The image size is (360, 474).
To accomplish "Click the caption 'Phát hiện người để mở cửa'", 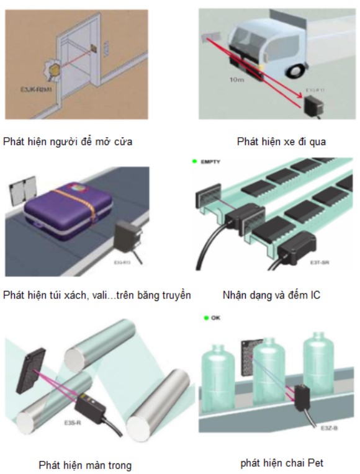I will point(68,142).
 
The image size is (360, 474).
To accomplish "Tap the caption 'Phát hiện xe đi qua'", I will point(281,142).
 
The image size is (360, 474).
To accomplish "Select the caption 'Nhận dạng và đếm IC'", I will point(271,295).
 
